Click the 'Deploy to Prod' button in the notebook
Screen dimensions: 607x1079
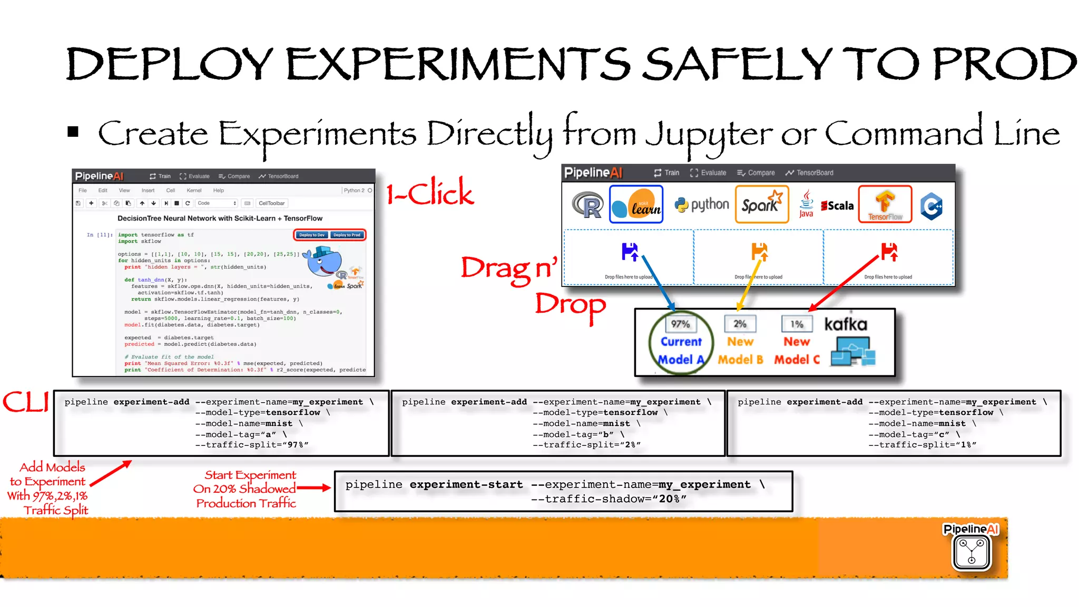tap(347, 235)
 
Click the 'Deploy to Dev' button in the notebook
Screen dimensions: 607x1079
tap(312, 235)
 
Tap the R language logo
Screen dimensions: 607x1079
tap(587, 205)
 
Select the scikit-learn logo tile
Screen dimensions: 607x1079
tap(636, 205)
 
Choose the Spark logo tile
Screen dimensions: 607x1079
tap(762, 204)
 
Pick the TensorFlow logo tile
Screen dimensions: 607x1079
tap(885, 204)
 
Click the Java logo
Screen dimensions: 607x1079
tap(806, 204)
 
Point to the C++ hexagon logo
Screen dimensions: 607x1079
tap(931, 206)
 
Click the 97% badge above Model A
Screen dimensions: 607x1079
tap(680, 324)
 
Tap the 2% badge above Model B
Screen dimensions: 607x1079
tap(740, 324)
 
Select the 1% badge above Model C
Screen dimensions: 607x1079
tap(797, 324)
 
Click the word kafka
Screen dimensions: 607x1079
tap(846, 324)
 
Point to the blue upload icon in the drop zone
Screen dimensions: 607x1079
tap(630, 252)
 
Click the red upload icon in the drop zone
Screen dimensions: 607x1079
tap(889, 252)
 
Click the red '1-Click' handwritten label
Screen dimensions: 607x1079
tap(430, 193)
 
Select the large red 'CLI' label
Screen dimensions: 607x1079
tap(25, 402)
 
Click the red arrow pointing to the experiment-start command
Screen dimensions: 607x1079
tap(314, 488)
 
